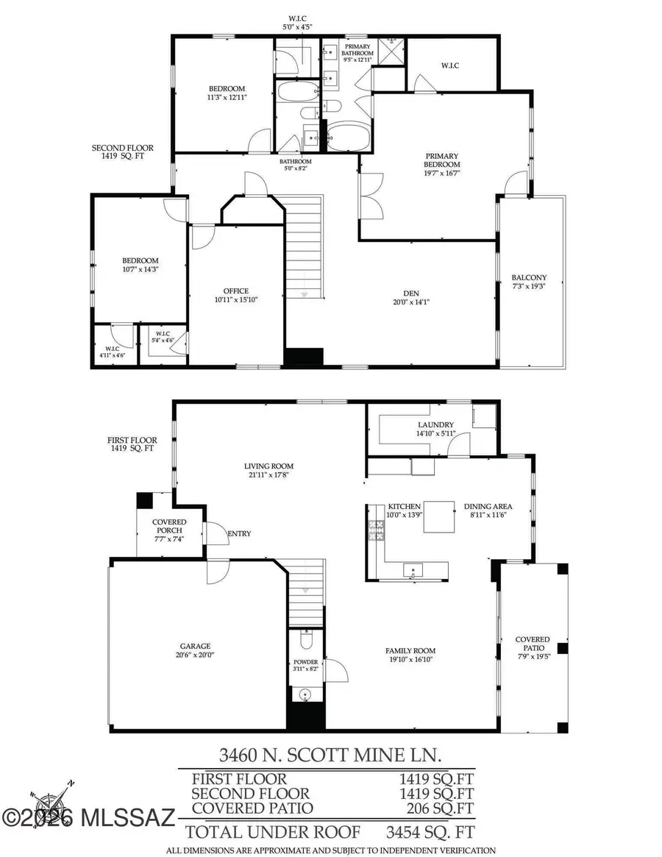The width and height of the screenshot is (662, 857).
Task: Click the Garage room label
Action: click(x=194, y=646)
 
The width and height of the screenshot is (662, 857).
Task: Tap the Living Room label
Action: click(x=269, y=466)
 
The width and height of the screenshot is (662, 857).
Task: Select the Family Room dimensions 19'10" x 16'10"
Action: click(x=410, y=660)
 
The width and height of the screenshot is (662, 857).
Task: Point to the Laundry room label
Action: click(x=435, y=424)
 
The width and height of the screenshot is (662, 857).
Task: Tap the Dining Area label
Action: click(x=488, y=506)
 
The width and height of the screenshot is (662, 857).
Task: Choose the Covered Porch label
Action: click(x=169, y=522)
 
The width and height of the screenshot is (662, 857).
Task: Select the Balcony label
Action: click(x=529, y=277)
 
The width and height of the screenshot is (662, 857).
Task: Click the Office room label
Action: click(x=236, y=291)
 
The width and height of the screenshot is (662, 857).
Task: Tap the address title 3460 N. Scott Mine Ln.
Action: click(x=331, y=754)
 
